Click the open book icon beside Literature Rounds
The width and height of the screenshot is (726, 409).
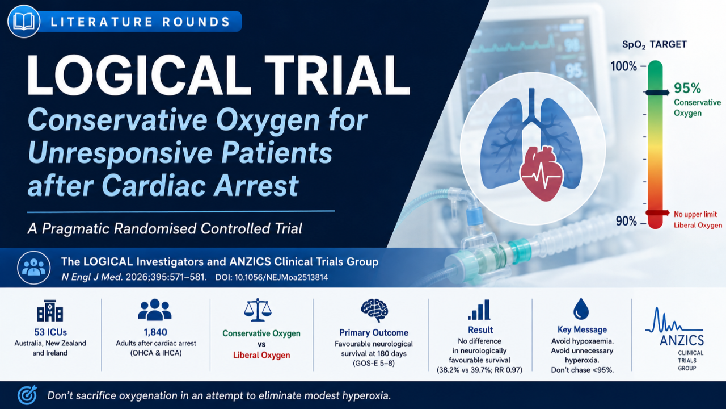coord(24,22)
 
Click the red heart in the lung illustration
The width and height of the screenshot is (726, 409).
coord(542,173)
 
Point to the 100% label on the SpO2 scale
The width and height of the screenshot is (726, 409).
coord(623,66)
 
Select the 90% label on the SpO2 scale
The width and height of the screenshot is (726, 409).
coord(626,222)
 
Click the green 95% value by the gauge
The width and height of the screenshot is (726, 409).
coord(687,88)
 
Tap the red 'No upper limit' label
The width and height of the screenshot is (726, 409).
coord(695,214)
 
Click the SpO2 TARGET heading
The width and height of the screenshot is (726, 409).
coord(654,44)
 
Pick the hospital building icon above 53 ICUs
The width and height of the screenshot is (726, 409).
coord(50,310)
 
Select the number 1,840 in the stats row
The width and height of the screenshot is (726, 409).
coord(155,332)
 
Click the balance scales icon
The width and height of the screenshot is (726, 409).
coord(258,310)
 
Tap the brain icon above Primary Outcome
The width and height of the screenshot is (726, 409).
coord(374,310)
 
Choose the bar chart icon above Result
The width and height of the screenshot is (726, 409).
coord(479,310)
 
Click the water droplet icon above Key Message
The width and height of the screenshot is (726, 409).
coord(581,308)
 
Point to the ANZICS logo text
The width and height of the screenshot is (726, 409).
coord(682,340)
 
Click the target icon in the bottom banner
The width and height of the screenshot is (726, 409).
coord(28,395)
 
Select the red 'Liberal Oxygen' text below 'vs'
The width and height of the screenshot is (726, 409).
coord(261,355)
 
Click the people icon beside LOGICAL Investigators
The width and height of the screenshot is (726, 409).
coord(33,268)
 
